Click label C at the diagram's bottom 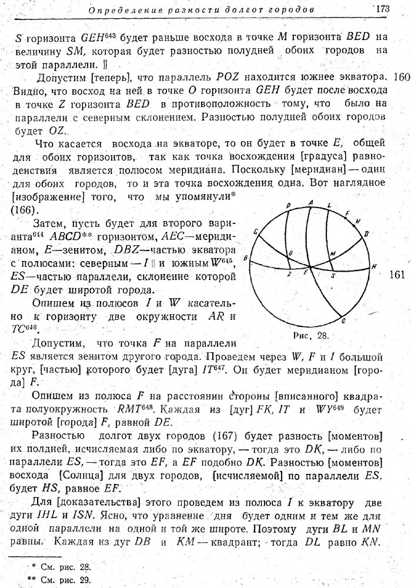pos(343,321)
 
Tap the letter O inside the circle pos(290,253)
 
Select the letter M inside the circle pos(332,254)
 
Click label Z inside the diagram pos(289,274)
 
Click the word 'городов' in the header pos(292,10)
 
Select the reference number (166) pos(23,209)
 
